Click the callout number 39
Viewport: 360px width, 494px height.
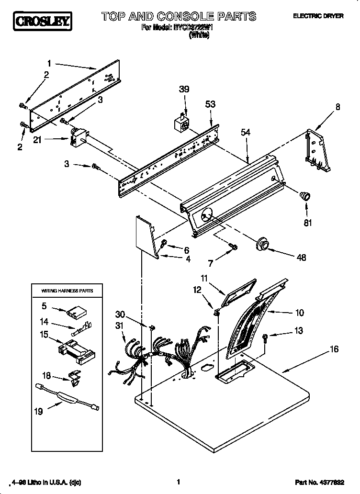coord(184,89)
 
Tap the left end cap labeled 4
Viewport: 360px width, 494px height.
coord(146,236)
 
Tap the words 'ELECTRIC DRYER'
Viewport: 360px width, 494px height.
coord(318,16)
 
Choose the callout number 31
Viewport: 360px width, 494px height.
coord(120,326)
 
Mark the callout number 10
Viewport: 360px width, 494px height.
coord(299,314)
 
